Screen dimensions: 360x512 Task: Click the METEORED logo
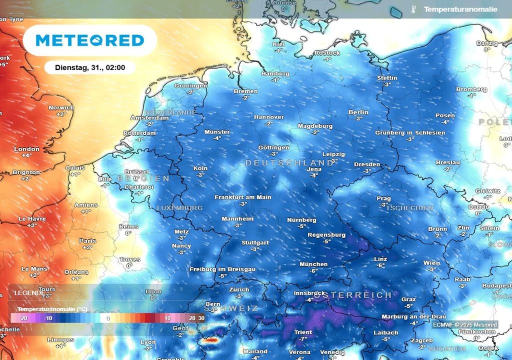coord(90,40)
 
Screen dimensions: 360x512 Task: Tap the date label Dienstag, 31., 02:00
coord(90,67)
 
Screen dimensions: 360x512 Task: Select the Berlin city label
coord(358,112)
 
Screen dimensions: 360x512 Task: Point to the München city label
coord(313,264)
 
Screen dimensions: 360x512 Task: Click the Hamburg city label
coord(275,74)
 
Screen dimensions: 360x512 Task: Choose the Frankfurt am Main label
coord(243,197)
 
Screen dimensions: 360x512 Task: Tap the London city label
coord(26,149)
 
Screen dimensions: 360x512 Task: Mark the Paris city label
coord(87,240)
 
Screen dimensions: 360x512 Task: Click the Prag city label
coord(383,198)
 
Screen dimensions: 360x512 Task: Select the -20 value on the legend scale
coord(22,318)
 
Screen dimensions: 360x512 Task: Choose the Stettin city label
coord(387,78)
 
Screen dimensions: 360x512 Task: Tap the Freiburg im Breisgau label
coord(222,269)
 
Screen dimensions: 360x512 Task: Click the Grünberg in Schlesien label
coord(410,132)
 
